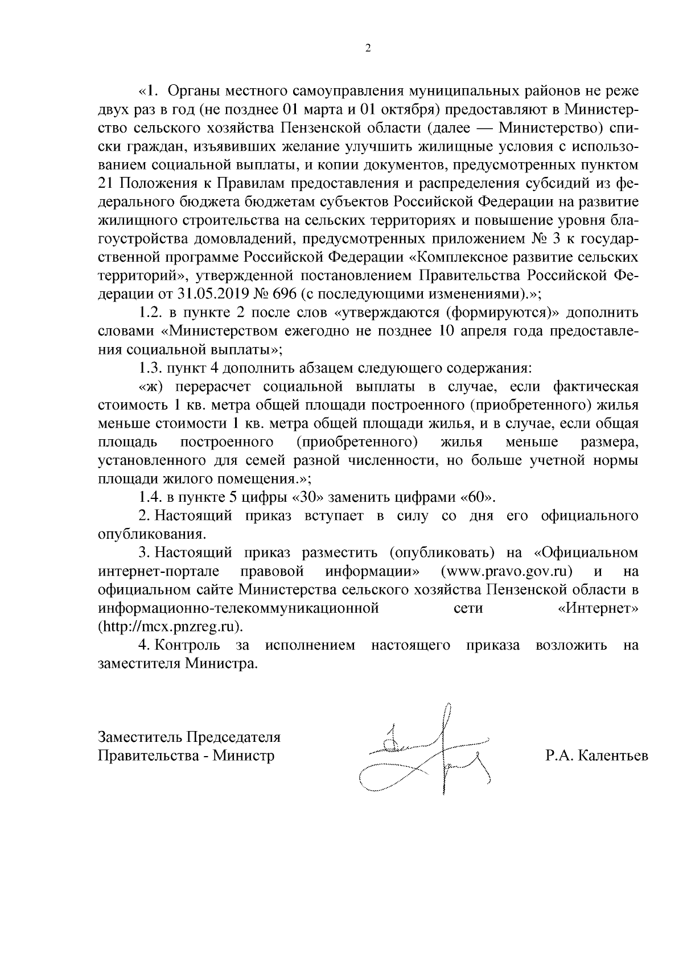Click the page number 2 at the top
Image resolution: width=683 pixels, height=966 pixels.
point(368,49)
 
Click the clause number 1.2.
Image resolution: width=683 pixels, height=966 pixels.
point(151,313)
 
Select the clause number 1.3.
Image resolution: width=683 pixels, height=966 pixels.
point(151,368)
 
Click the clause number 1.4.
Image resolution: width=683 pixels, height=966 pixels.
point(151,498)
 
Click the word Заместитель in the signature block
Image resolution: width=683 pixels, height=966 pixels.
point(139,737)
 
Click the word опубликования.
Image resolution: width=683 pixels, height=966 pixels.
point(150,535)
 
